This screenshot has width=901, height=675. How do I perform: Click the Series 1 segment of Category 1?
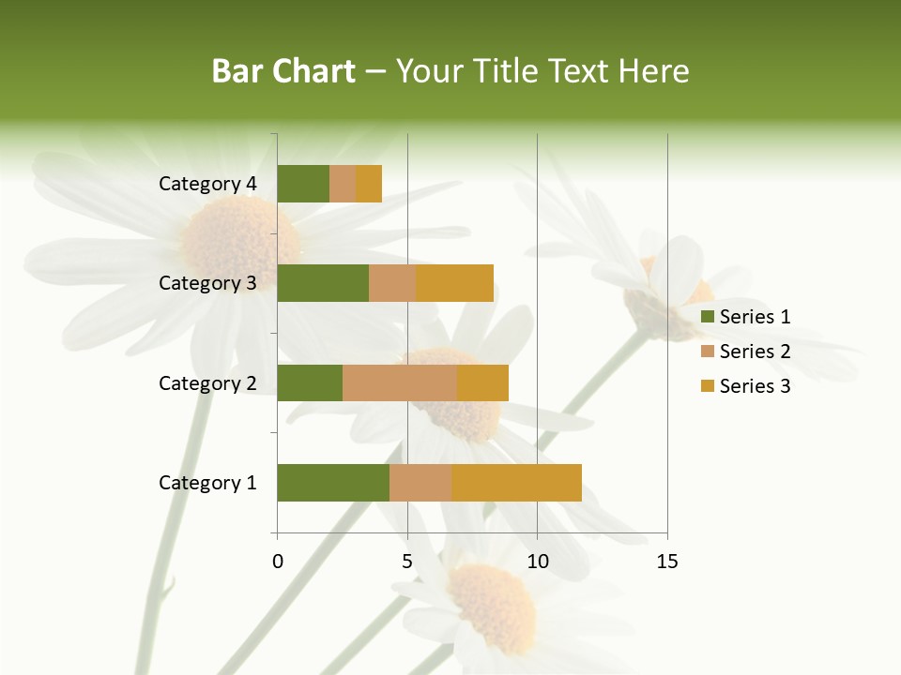tap(333, 483)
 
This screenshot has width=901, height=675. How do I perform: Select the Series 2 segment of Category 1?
tap(420, 483)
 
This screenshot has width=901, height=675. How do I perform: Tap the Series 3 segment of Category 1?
tap(516, 483)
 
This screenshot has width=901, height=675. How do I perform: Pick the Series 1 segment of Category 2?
tap(310, 382)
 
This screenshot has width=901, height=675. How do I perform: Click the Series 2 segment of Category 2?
tap(400, 382)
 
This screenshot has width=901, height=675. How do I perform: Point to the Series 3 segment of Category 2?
tap(482, 382)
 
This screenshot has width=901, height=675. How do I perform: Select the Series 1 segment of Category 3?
tap(323, 283)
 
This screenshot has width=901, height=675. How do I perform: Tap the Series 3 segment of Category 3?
tap(455, 283)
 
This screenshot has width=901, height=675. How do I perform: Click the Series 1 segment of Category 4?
tap(303, 184)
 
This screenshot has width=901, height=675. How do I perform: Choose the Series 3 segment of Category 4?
tap(369, 184)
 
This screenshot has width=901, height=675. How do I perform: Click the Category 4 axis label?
tap(207, 184)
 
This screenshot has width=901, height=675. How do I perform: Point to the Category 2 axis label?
tap(207, 382)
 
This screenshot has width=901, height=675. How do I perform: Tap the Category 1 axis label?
tap(207, 483)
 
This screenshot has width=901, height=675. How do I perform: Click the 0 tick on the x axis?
tap(278, 562)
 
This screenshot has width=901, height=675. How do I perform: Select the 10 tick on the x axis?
tap(537, 562)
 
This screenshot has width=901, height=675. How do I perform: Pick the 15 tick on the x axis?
tap(666, 562)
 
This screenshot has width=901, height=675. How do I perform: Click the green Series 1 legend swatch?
tap(708, 317)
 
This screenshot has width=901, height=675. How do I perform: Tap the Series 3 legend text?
tap(755, 386)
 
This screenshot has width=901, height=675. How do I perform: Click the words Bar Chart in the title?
tap(283, 71)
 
